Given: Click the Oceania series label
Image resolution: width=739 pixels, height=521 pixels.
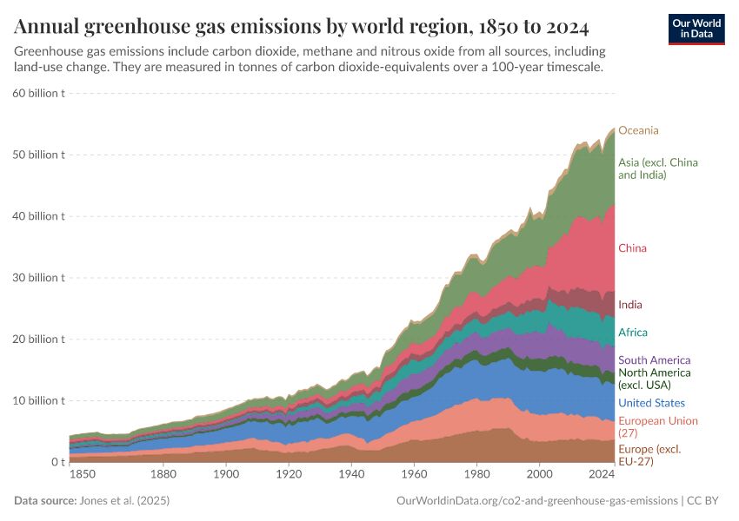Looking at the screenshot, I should coord(638,130).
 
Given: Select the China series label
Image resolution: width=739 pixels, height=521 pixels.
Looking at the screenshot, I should coord(632,248).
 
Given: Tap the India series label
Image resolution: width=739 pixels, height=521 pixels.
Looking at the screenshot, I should coord(630,305).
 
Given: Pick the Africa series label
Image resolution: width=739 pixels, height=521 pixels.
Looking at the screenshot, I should coord(633,333).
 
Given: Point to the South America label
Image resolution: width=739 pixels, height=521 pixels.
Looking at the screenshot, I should coord(654,360).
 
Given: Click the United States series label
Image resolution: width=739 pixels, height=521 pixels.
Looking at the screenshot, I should coord(651,403).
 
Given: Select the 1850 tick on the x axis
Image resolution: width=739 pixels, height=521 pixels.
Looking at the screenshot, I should coord(83,475).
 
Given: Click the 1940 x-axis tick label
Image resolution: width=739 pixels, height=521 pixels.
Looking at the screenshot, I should coord(351,475).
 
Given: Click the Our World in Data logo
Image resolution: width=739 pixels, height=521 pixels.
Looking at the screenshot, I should coord(696,29).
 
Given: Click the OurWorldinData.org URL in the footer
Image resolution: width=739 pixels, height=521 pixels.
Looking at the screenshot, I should coord(536,501).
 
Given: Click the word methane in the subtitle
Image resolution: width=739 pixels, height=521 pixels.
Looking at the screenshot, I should coord(371,52).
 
